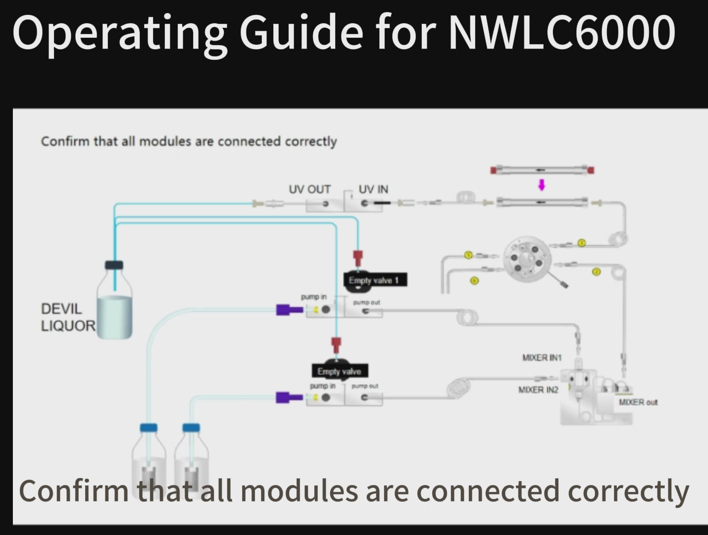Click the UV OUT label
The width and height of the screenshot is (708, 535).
[x=309, y=189]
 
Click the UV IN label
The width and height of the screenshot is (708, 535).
[x=373, y=189]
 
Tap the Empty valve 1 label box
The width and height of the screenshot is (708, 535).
[x=374, y=280]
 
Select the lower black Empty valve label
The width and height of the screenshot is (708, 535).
[x=339, y=371]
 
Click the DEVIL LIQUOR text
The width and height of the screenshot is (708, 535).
[x=68, y=317]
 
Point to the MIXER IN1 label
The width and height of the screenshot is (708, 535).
[x=542, y=357]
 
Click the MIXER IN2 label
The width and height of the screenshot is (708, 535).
[x=538, y=390]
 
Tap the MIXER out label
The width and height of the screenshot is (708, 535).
[x=638, y=402]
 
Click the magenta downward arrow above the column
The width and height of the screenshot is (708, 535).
[x=542, y=185]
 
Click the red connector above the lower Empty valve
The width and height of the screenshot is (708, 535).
[x=336, y=344]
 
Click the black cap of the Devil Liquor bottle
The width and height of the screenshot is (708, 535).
[x=114, y=265]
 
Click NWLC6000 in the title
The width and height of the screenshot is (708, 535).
[x=561, y=33]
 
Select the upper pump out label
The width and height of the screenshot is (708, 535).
[x=366, y=302]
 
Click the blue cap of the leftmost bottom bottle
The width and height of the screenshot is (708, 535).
[x=149, y=428]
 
